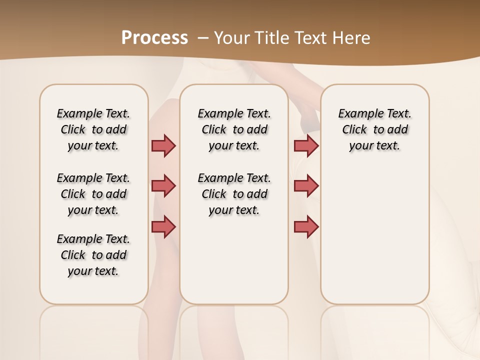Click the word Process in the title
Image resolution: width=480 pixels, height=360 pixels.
tap(154, 37)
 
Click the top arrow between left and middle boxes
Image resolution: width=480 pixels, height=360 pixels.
tap(163, 145)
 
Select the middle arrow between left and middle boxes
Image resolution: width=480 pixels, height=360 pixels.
tap(163, 186)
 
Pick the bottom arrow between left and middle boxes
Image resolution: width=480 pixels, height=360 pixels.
tap(163, 226)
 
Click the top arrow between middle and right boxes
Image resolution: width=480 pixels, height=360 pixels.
tap(306, 145)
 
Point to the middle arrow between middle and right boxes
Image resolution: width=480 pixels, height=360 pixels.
tap(306, 186)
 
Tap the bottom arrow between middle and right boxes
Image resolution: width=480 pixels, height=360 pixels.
tap(306, 226)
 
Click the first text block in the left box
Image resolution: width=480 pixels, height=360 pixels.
tap(93, 129)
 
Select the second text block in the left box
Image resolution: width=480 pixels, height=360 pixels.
tap(93, 194)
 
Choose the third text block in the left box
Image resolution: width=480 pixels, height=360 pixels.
tap(93, 255)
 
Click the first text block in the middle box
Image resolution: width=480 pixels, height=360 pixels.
tap(234, 129)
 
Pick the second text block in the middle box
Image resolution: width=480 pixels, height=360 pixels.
tap(234, 194)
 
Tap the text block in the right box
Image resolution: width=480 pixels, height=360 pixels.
tap(375, 129)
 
